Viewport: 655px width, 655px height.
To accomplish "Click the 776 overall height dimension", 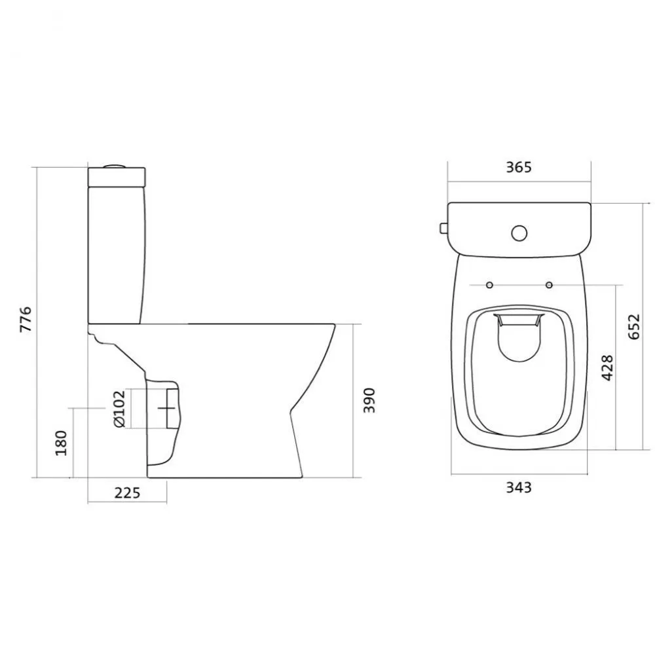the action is [x=26, y=319].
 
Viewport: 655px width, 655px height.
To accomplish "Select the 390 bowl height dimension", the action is [x=369, y=401].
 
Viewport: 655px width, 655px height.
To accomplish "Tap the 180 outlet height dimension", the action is [x=61, y=443].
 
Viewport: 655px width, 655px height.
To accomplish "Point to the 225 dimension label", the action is [x=128, y=493].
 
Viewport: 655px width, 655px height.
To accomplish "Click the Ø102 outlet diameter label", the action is [x=119, y=409].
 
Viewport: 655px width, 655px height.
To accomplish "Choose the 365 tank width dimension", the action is [x=519, y=167].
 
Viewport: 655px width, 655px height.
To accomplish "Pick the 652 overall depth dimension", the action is [x=633, y=327].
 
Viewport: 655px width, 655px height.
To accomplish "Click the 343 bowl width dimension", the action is [x=519, y=487].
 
